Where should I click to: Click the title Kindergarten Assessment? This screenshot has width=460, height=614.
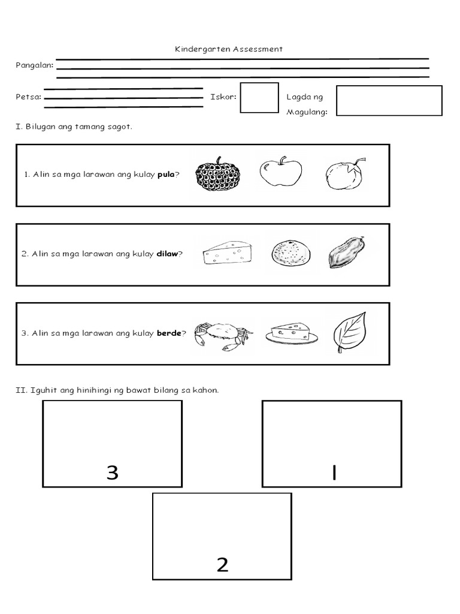229,49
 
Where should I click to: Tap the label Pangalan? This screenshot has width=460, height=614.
34,65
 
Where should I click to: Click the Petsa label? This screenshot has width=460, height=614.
28,97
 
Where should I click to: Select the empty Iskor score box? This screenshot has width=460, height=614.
259,98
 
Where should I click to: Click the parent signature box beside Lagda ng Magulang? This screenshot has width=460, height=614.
389,100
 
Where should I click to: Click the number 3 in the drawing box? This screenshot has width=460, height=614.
112,473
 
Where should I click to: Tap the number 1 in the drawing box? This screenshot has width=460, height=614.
333,473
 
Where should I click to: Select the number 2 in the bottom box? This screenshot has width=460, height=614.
222,565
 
